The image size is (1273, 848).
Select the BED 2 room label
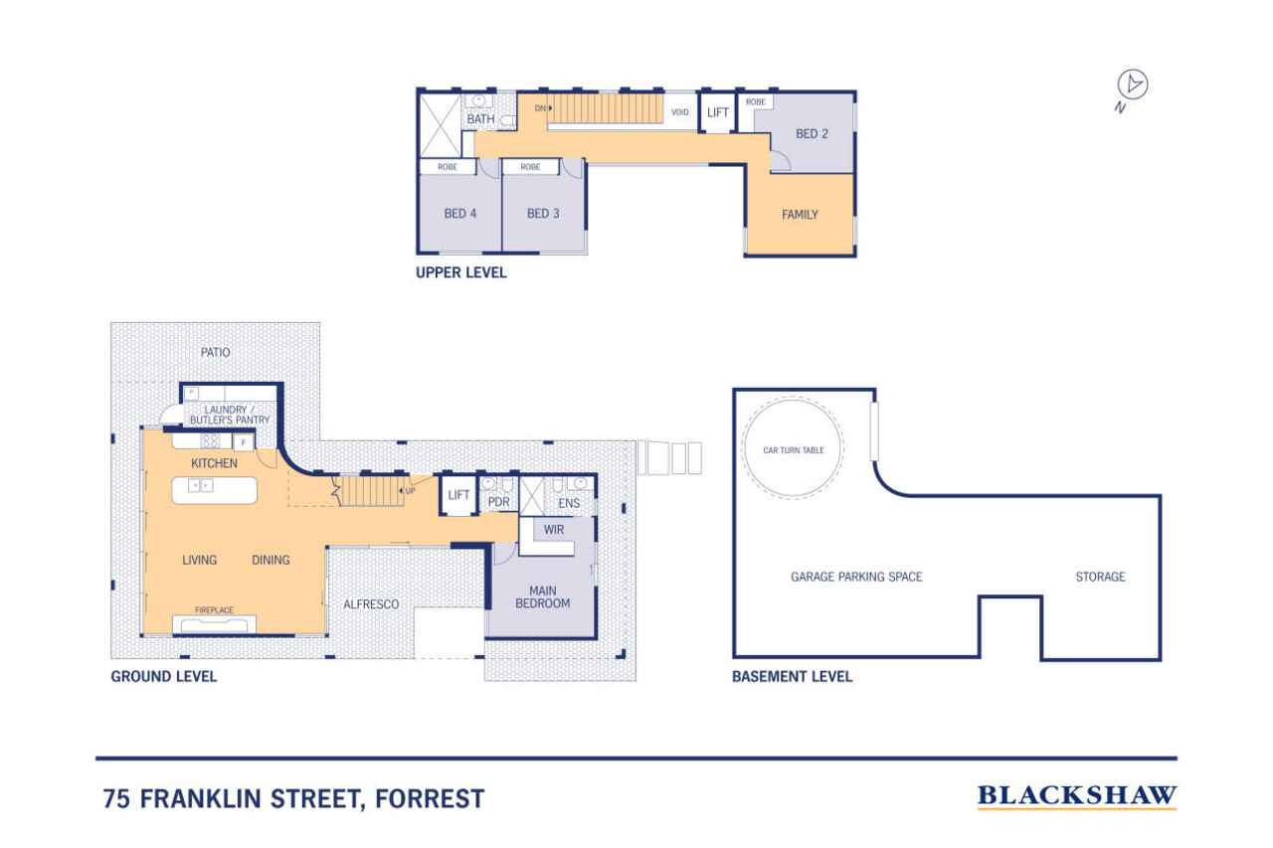812,133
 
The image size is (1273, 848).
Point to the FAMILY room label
800,215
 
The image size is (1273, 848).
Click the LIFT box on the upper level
718,112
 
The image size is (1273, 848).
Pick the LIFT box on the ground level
458,495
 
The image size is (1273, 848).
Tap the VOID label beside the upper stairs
679,112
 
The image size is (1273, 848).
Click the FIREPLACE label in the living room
214,610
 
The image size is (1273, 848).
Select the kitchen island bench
214,490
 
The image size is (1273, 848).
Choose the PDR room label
499,502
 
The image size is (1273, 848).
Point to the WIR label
554,530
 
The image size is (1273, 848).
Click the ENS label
569,503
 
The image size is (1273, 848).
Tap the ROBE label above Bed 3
530,167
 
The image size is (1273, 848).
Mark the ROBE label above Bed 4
448,167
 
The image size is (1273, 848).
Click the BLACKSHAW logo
1077,796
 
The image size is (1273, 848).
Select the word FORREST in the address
430,798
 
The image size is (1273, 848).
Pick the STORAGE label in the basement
1100,577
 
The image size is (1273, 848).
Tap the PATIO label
216,352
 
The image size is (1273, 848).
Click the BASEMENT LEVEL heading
793,676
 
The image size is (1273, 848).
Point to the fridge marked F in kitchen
244,442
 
